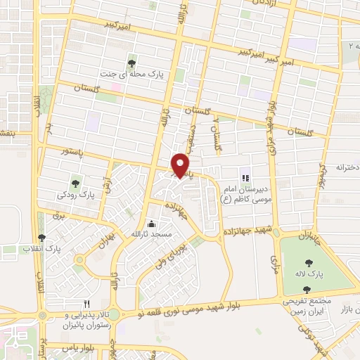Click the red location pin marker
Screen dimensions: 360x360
(x=181, y=165)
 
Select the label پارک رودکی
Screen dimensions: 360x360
(x=77, y=193)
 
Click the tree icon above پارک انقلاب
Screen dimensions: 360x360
(x=41, y=238)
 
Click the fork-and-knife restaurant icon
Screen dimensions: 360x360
(x=88, y=303)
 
